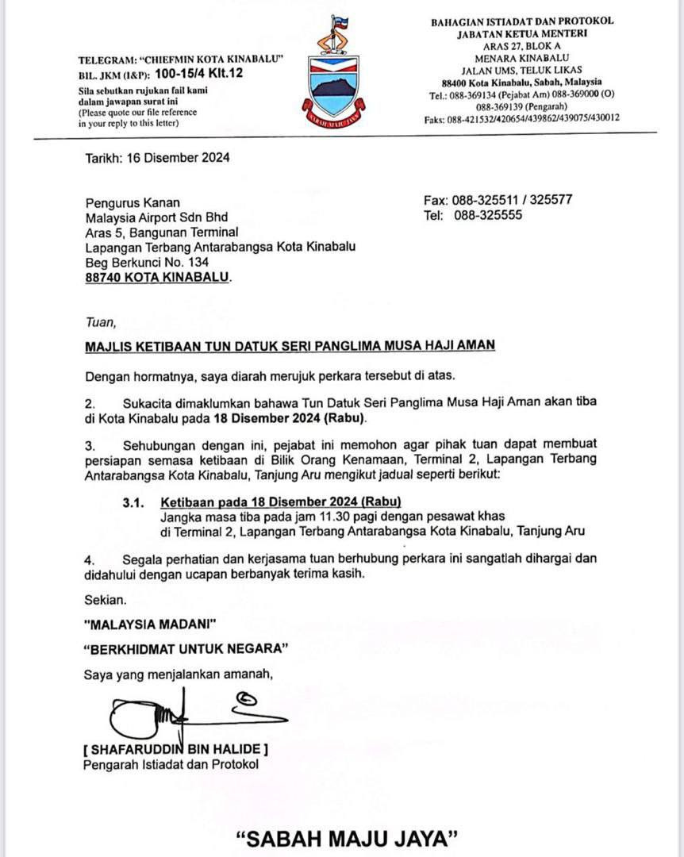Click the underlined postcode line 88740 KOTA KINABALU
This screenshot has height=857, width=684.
[159, 277]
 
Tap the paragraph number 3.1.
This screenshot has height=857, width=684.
[135, 502]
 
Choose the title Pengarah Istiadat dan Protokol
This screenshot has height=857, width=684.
[171, 765]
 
